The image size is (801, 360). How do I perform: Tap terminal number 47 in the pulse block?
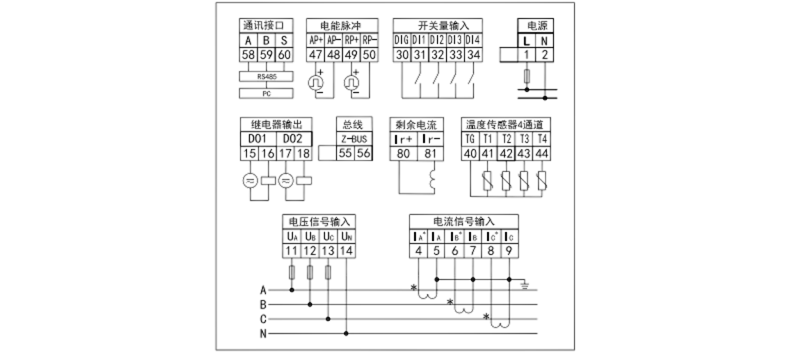[x=315, y=55]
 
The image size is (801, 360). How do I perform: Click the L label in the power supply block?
[x=526, y=40]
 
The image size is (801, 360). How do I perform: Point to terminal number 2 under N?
[x=544, y=55]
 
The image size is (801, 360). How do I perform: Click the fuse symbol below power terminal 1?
[x=526, y=78]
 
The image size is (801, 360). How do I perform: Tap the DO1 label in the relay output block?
[x=258, y=139]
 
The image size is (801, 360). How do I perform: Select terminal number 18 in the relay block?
[x=303, y=153]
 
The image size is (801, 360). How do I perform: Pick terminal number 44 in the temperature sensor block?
[x=542, y=153]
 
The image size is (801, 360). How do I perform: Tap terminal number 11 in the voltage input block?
[x=292, y=251]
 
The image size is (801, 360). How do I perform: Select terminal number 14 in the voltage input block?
[x=346, y=251]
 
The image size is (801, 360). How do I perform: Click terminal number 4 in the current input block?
[x=418, y=251]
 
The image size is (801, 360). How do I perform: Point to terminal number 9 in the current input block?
[x=509, y=251]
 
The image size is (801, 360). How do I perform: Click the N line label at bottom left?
[x=263, y=334]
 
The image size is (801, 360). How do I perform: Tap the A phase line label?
[x=263, y=290]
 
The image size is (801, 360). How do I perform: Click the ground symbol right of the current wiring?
[x=527, y=282]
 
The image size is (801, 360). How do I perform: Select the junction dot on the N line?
[x=346, y=333]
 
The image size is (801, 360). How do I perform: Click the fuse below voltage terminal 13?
[x=328, y=274]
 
